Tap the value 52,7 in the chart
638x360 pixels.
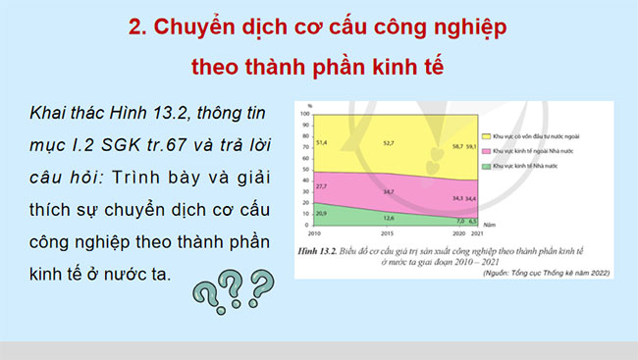pyautogui.click(x=389, y=143)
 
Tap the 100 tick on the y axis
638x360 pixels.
pyautogui.click(x=305, y=114)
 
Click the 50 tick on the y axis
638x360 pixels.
pyautogui.click(x=306, y=172)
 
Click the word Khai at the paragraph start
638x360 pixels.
pyautogui.click(x=48, y=115)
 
